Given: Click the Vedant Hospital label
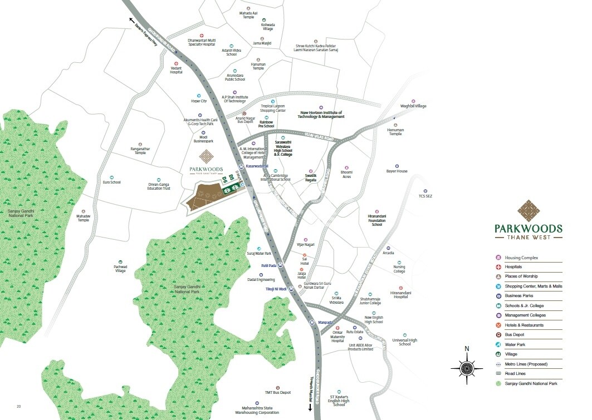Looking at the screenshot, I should click(x=176, y=70).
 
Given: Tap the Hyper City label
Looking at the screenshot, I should click(x=199, y=101).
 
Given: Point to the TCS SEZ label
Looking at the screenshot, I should click(x=425, y=196).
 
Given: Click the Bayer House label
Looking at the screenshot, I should click(x=397, y=171).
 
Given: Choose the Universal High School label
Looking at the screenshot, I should click(x=405, y=342).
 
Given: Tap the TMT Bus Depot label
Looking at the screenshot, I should click(x=277, y=393).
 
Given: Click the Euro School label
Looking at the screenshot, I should click(x=112, y=182).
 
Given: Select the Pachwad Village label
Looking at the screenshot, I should click(x=120, y=269).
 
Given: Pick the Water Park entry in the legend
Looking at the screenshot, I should click(x=516, y=345).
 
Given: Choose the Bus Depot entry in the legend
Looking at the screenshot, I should click(x=516, y=335).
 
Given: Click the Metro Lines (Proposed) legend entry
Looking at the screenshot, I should click(x=526, y=364).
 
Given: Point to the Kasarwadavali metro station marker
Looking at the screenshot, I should click(x=241, y=166).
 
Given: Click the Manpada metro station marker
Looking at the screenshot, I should click(x=312, y=322).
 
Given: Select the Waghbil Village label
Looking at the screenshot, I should click(x=413, y=106).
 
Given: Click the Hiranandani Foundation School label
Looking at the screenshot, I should click(x=376, y=220).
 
